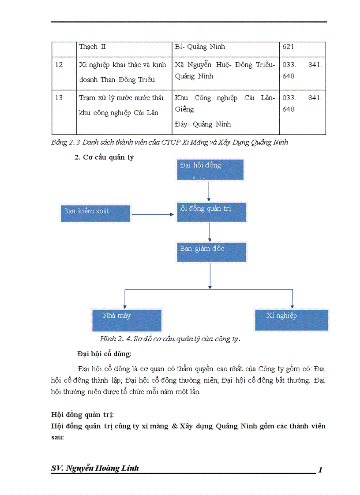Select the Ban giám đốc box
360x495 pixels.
pos(211,251)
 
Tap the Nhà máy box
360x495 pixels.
pos(126,320)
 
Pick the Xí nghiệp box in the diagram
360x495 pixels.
pos(292,320)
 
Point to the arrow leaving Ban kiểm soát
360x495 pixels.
pos(153,215)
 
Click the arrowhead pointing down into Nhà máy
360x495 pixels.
pos(125,305)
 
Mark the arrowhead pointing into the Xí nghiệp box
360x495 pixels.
pos(292,305)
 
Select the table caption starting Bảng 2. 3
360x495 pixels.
pos(169,142)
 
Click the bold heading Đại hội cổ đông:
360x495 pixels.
pos(104,354)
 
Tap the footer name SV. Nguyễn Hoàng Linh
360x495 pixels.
pos(95,468)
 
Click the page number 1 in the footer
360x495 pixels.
pos(320,470)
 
